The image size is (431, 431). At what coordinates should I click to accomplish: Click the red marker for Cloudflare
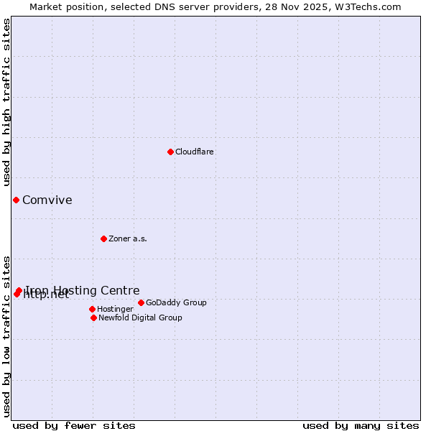coord(170,152)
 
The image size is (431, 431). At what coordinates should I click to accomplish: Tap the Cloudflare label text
coord(195,152)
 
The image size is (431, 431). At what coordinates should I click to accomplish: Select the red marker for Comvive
coord(16,200)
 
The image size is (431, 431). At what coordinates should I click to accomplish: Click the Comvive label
coord(47,200)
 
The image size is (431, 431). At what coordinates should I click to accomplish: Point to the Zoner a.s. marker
coord(103,238)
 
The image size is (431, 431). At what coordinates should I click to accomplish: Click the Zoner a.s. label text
coord(128,238)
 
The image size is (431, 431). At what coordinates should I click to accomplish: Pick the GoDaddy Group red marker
coord(141,302)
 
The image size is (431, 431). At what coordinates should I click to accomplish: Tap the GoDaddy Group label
coord(176,302)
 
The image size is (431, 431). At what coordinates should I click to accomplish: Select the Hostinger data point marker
coord(92,309)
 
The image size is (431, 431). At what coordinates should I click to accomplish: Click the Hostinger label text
coord(115,309)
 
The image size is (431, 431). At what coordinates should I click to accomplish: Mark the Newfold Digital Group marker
coord(93,318)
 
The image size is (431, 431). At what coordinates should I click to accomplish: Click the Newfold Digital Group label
coord(140,318)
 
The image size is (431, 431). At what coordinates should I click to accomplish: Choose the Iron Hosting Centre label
coord(83,290)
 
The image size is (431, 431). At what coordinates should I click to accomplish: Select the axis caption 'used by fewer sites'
coord(74,425)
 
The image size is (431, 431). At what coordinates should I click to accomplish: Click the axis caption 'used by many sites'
coord(361,425)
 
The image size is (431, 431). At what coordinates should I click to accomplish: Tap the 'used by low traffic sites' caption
coord(6,335)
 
